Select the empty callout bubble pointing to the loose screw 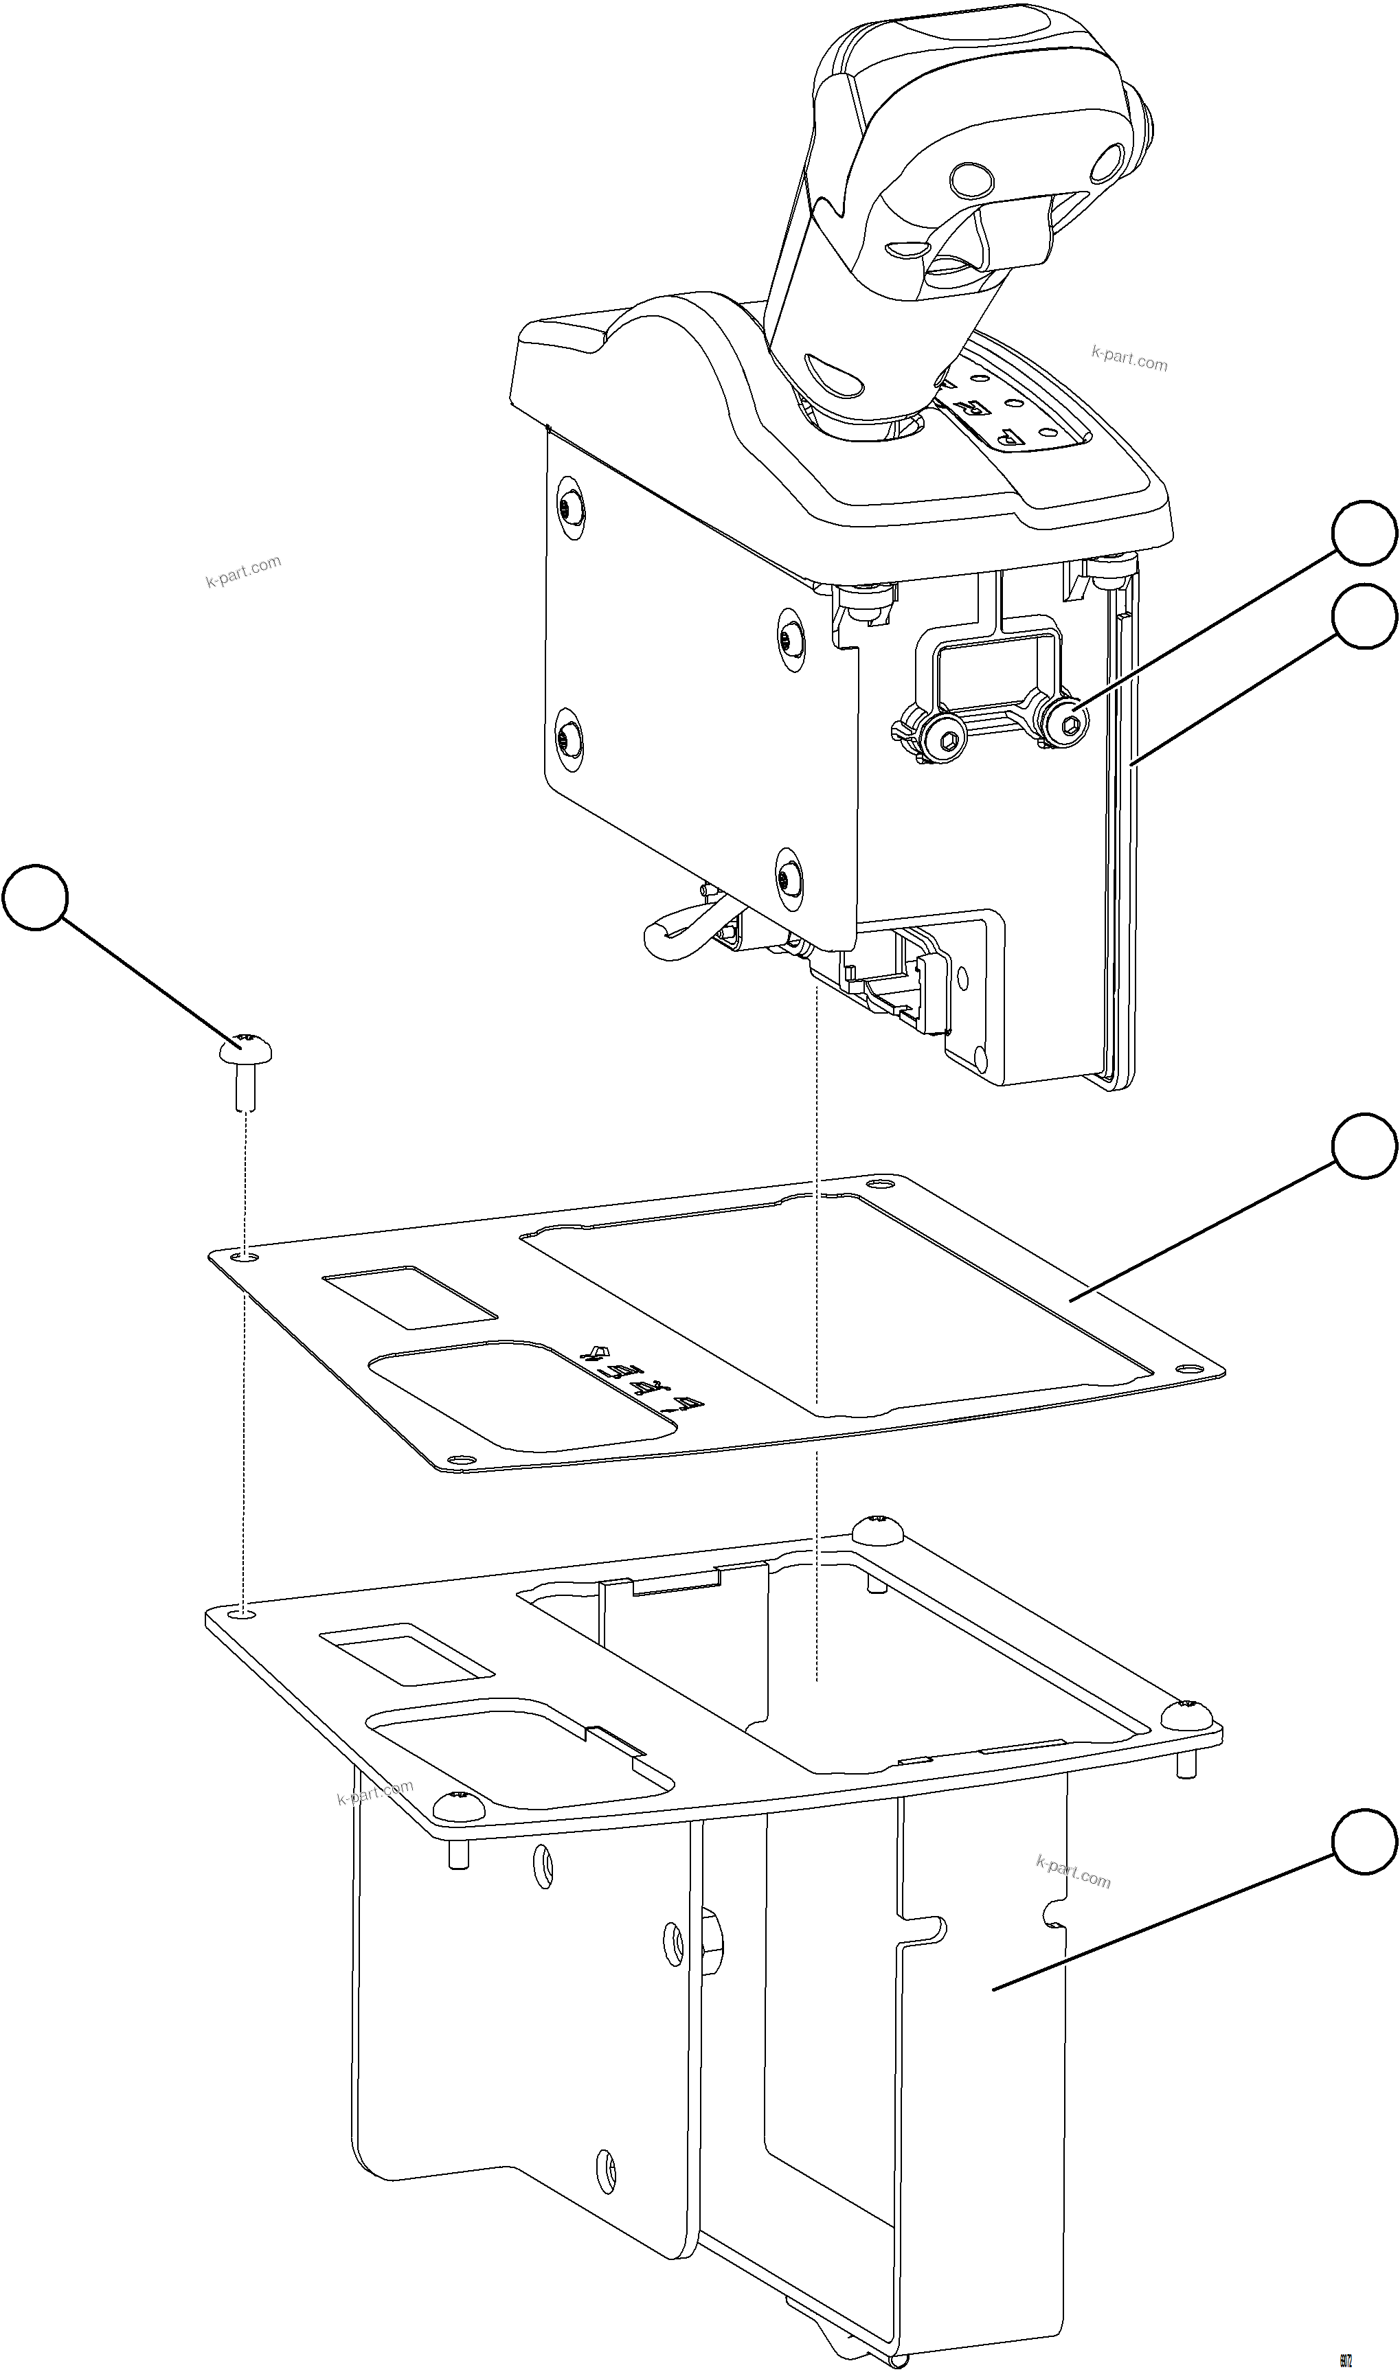coord(36,898)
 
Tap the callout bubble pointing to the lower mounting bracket coord(1364,1841)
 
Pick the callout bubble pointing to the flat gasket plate coord(1364,1146)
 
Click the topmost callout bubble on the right coord(1364,534)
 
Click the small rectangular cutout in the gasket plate coord(410,1298)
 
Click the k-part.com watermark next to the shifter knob coord(1129,358)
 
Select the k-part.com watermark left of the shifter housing coord(243,571)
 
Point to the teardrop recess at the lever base coord(835,376)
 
